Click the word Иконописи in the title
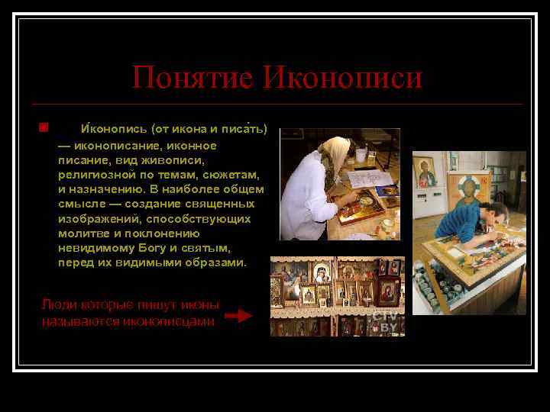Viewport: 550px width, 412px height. pyautogui.click(x=342, y=78)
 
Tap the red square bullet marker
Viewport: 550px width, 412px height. pyautogui.click(x=44, y=126)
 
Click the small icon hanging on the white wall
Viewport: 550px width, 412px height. pyautogui.click(x=425, y=172)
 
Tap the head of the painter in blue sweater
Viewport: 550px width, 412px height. pyautogui.click(x=496, y=213)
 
